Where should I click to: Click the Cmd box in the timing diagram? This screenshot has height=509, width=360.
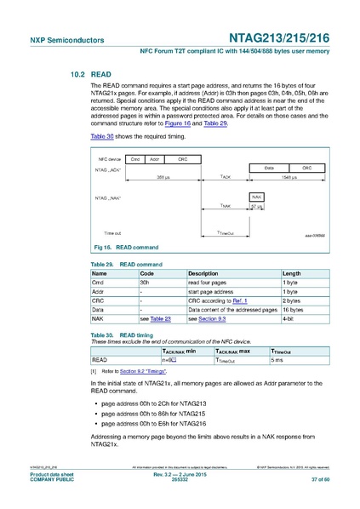click(134, 158)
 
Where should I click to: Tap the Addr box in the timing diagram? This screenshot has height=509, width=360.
click(154, 158)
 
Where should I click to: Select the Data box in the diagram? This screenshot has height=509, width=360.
click(268, 169)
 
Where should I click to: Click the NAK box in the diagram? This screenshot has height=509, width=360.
click(256, 197)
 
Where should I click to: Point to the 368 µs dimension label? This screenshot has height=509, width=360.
click(163, 177)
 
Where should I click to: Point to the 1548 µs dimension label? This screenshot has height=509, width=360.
click(289, 177)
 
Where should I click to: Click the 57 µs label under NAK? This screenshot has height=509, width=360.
click(256, 206)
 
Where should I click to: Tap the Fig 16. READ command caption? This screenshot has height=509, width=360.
click(124, 247)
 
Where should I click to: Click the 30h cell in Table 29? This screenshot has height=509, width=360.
click(145, 282)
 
